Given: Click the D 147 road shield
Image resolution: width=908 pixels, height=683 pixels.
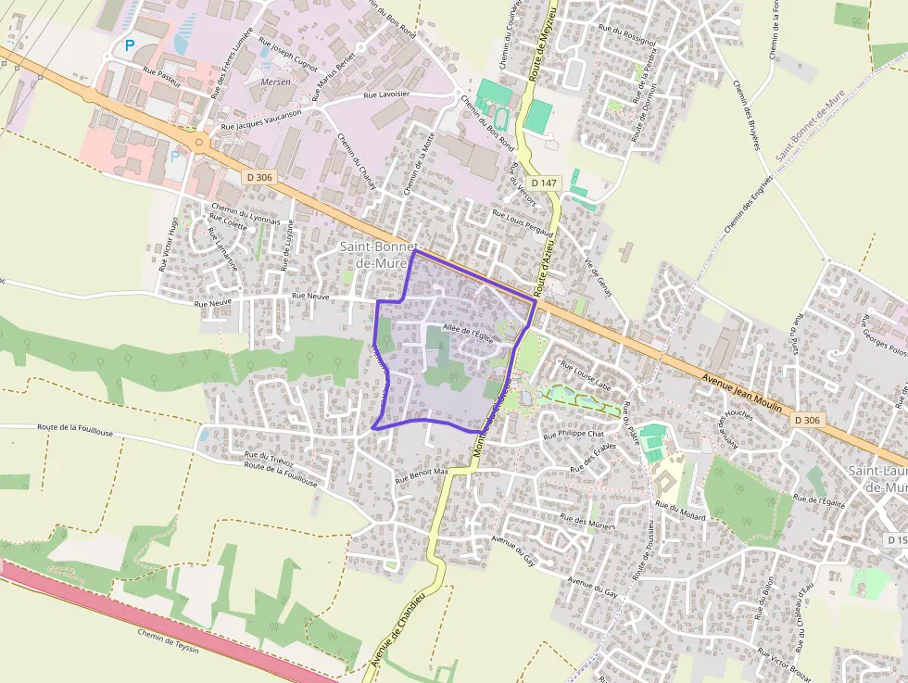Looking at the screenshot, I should point(545,183).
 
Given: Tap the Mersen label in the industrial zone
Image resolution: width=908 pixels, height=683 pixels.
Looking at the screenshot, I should point(276,82).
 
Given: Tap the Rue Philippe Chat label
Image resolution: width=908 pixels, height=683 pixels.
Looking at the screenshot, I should point(574,434).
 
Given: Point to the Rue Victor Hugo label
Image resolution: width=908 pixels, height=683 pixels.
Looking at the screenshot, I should point(169,243).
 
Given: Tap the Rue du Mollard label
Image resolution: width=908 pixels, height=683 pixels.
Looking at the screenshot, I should point(681,511).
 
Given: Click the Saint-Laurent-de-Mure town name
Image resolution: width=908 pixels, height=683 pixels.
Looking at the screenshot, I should point(877,478).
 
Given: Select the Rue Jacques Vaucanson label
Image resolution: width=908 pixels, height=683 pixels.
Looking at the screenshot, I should point(263,123).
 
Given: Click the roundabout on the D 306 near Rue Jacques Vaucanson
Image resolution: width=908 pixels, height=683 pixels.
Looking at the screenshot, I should point(199,143).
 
